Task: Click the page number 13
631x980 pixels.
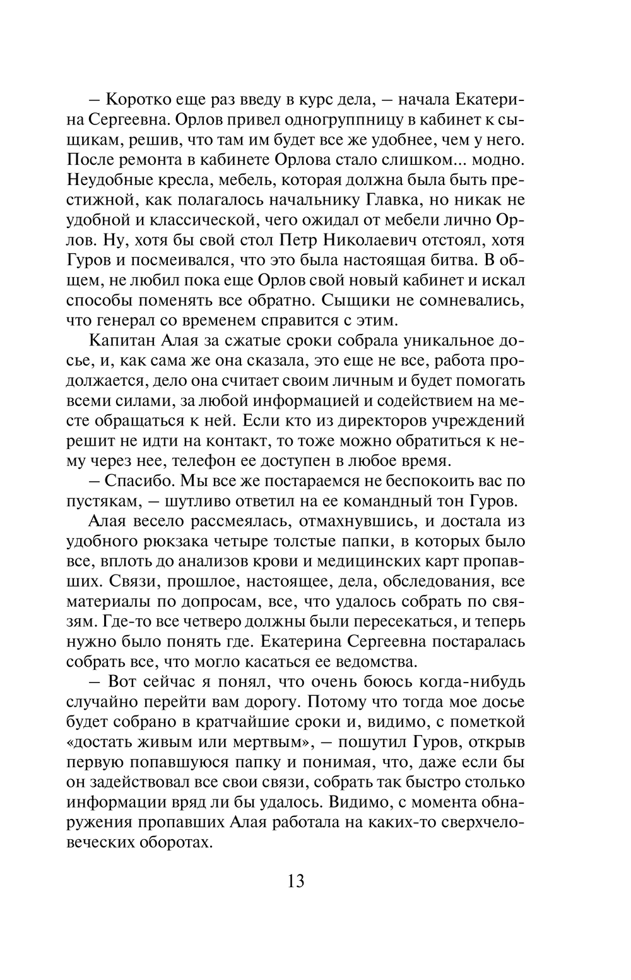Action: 295,881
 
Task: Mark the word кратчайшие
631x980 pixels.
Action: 263,721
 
